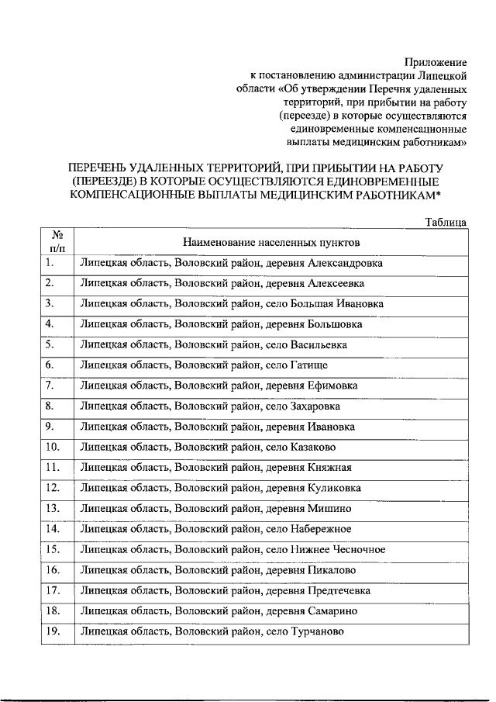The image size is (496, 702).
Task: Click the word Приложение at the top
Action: coord(437,61)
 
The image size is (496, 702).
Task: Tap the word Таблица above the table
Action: coord(446,222)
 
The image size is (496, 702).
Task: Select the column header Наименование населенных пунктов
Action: coord(271,243)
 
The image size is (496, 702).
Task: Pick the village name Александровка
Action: coord(340,263)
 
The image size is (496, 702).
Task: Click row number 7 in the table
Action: coord(50,385)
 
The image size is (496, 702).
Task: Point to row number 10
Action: coord(53,447)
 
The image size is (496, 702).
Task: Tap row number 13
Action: coord(53,509)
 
